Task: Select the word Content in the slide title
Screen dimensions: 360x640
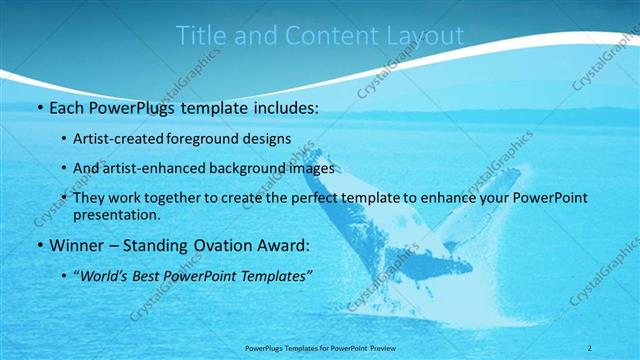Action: click(326, 36)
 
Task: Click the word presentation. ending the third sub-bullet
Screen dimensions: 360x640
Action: click(116, 214)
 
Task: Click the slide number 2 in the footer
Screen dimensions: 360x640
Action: click(589, 347)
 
